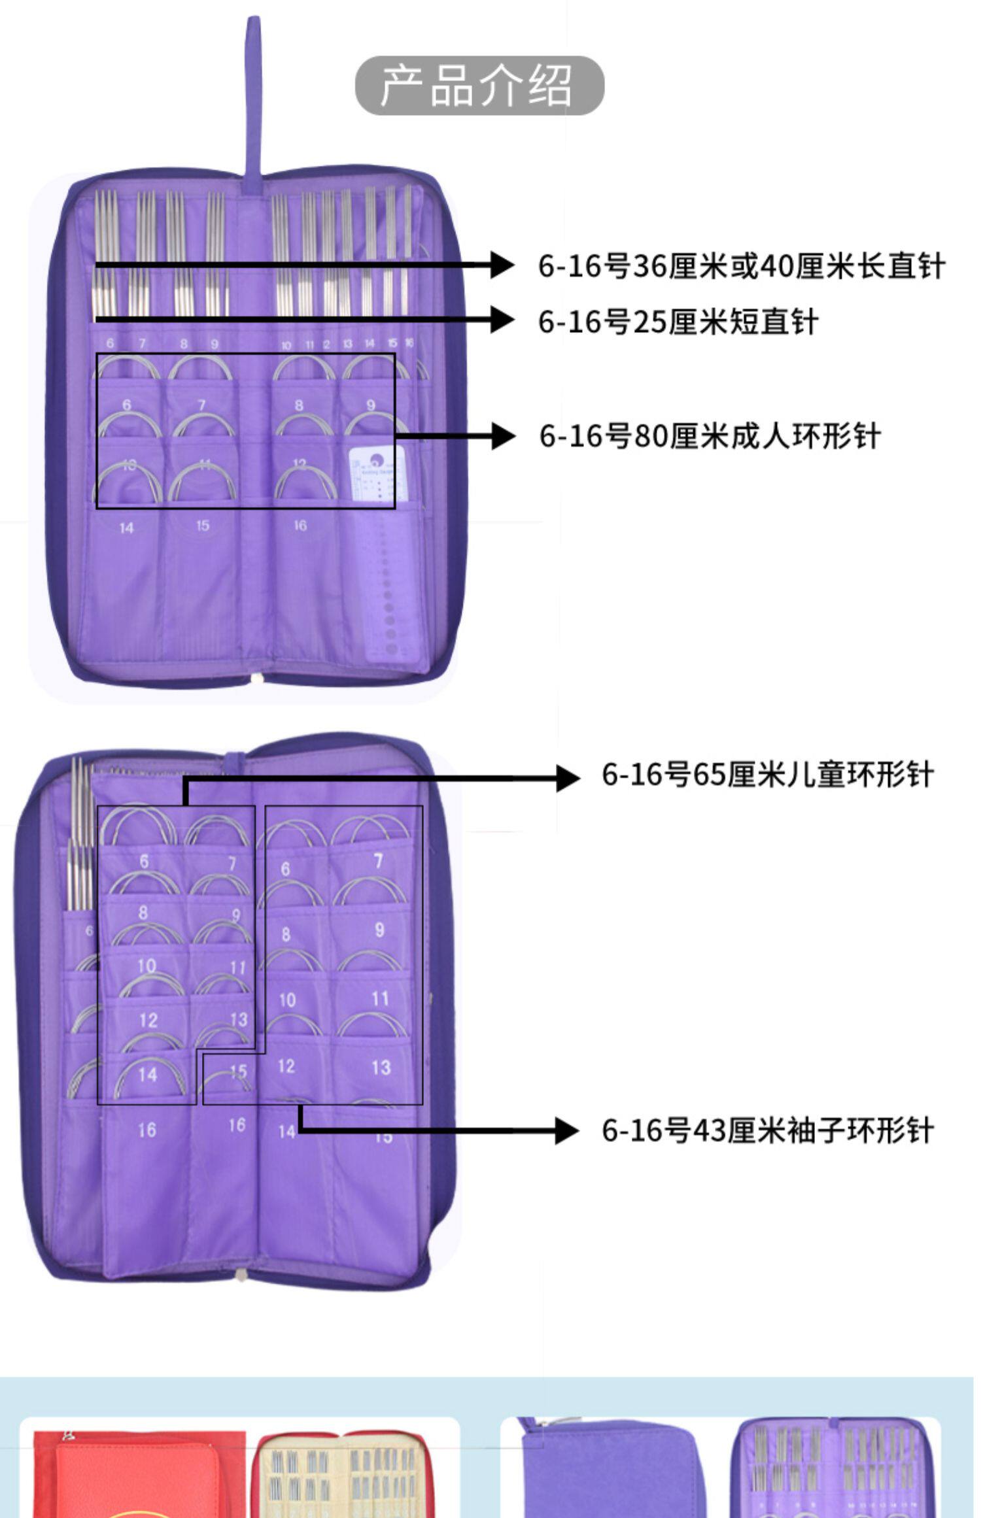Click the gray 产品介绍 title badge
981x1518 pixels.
(479, 86)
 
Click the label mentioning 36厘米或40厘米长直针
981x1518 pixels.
(741, 266)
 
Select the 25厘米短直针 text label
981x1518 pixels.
(678, 322)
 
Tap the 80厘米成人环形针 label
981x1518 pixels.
(710, 436)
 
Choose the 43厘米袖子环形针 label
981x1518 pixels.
(767, 1130)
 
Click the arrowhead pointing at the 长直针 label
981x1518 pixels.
(502, 265)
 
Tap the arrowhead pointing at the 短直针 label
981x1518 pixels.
(502, 320)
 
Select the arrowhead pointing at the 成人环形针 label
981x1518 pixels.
(502, 435)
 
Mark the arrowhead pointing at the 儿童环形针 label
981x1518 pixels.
(567, 778)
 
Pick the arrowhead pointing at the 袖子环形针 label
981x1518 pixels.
(566, 1130)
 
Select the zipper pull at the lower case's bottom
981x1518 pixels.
(241, 1275)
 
